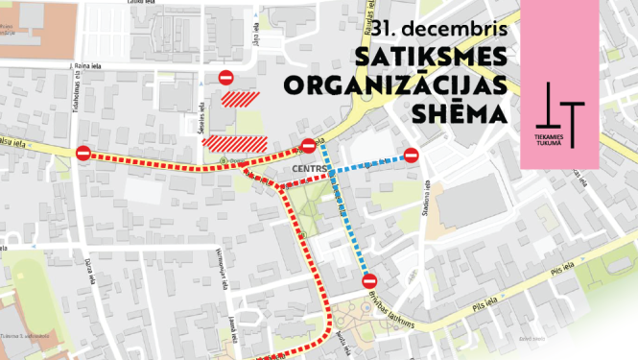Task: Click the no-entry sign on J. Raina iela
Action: [225, 77]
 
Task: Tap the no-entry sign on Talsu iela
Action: [83, 153]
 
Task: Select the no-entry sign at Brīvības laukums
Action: [369, 280]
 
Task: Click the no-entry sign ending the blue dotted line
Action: [411, 155]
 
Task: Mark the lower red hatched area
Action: [222, 142]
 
